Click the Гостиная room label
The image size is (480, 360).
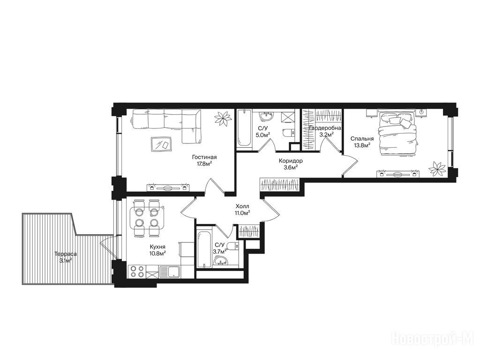[x=204, y=157]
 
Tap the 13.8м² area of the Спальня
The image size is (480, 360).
[x=362, y=145]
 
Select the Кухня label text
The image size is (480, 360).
[x=158, y=247]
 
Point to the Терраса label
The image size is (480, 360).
[x=66, y=254]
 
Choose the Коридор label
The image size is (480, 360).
[x=291, y=161]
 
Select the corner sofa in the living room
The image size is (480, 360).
[x=167, y=125]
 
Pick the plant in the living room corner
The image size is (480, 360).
[x=223, y=118]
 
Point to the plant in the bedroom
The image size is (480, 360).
[x=437, y=169]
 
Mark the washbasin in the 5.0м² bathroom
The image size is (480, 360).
[x=266, y=117]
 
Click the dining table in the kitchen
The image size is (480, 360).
[x=147, y=218]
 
